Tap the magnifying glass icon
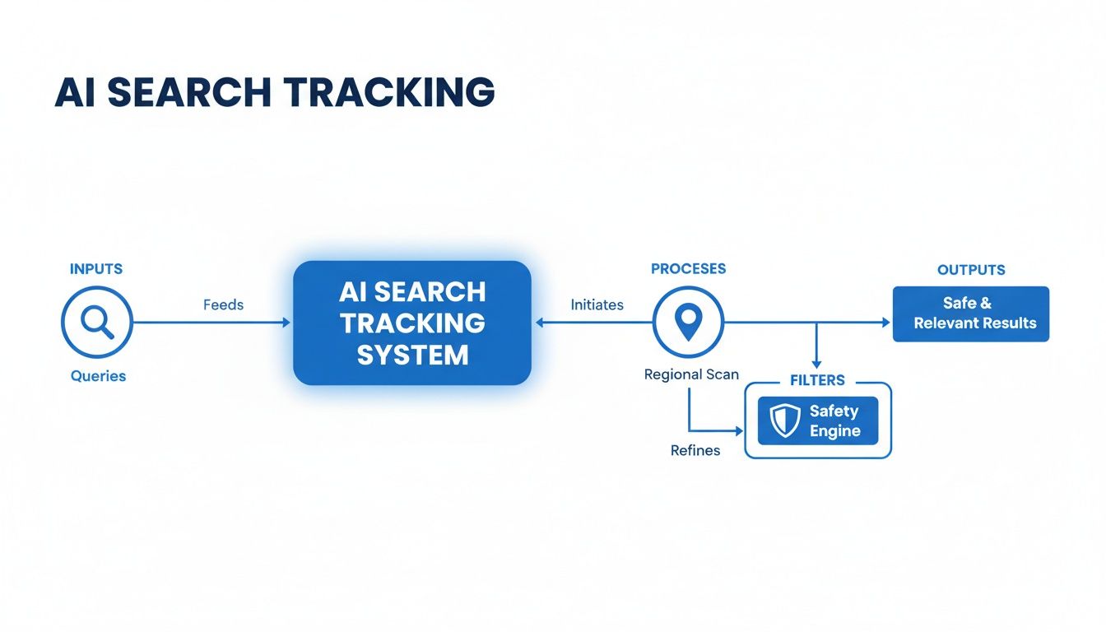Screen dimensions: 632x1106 pos(97,322)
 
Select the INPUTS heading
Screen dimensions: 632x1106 pos(96,269)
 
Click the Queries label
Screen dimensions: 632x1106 pos(98,376)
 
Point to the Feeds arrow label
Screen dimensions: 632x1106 pos(223,304)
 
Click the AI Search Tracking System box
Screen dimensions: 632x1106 pos(412,323)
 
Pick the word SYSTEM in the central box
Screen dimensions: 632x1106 pos(412,355)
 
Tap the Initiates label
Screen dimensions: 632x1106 pos(597,304)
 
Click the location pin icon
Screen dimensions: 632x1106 pos(688,322)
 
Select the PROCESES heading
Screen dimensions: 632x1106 pos(688,269)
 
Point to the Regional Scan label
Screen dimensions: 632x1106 pos(691,374)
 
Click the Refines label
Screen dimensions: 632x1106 pos(695,450)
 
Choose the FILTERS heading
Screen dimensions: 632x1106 pos(817,381)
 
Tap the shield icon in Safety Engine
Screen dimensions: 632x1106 pos(784,421)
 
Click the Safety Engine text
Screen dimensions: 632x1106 pos(834,421)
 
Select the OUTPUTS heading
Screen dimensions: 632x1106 pos(971,270)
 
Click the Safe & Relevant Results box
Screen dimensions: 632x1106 pos(971,314)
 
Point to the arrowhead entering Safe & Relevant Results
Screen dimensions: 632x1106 pos(887,322)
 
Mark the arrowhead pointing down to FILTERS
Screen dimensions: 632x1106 pos(816,363)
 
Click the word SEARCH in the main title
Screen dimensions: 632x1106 pos(188,93)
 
